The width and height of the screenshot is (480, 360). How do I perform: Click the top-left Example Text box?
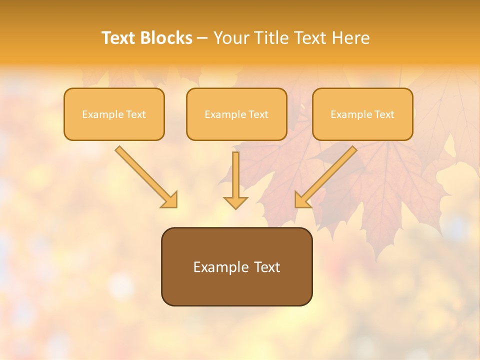coord(114,114)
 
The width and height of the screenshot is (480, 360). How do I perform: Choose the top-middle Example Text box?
coord(236,114)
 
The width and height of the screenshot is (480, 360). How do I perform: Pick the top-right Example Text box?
coord(362,114)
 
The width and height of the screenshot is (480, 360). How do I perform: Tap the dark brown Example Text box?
coord(236,266)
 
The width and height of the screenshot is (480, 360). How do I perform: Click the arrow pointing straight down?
coord(235,180)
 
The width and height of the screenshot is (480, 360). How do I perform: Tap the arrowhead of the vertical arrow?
coord(235,202)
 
